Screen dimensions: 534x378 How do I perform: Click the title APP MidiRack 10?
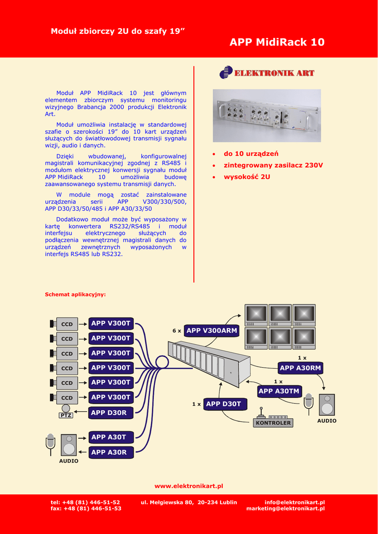tap(277, 42)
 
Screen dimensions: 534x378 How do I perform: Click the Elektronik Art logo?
tap(267, 73)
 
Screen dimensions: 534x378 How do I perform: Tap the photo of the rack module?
tap(266, 115)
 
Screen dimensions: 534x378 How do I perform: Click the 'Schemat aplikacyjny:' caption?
tap(75, 295)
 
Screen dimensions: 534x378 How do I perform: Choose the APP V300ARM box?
tap(212, 331)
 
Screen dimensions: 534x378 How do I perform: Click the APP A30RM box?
tap(300, 368)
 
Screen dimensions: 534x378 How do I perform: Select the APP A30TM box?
tap(279, 391)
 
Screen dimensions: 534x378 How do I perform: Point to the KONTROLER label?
tap(273, 423)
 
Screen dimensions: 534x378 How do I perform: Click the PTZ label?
tap(66, 416)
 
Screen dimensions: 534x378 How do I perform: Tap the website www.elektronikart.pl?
tap(189, 486)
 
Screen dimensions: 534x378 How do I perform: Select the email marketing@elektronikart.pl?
tap(285, 508)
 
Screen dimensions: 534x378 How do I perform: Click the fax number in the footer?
tap(86, 508)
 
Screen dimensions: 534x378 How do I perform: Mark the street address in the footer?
tap(189, 503)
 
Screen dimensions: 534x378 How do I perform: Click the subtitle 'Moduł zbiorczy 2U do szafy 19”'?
tap(118, 31)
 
